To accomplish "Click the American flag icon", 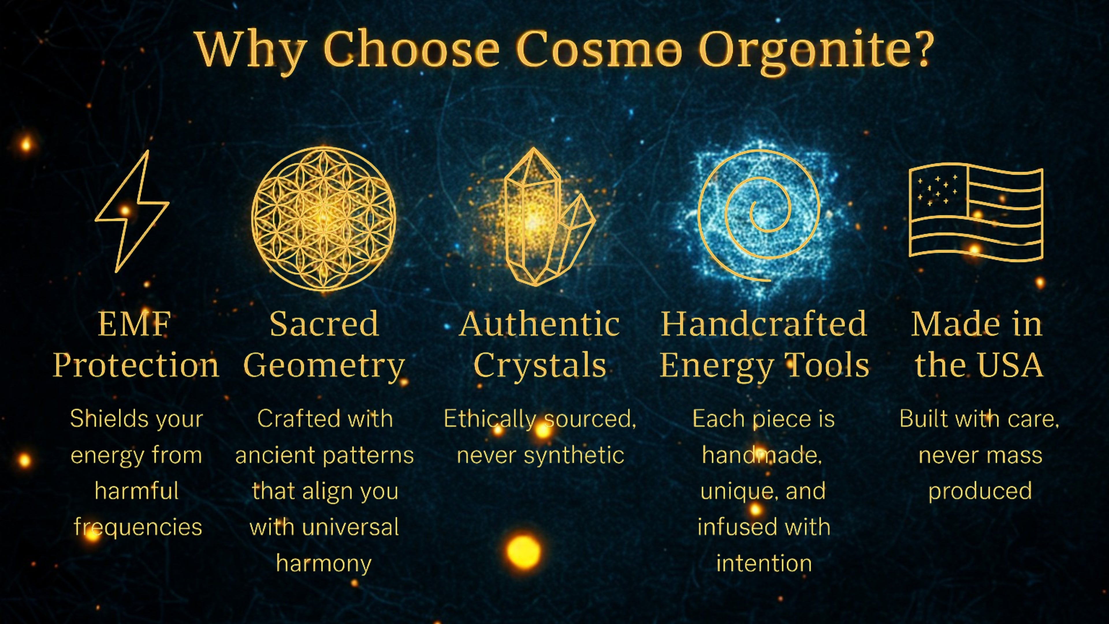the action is pos(976,212).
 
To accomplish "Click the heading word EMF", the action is pos(134,324).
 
